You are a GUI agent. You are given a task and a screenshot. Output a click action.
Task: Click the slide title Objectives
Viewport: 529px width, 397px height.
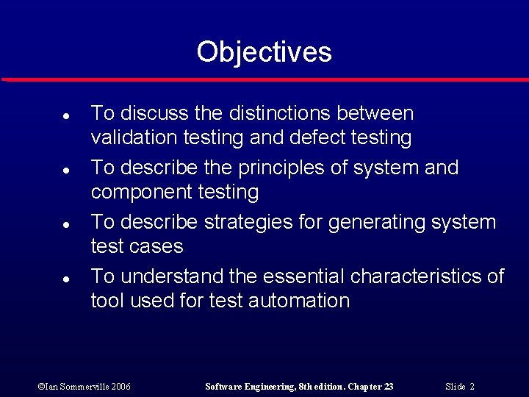[x=264, y=52]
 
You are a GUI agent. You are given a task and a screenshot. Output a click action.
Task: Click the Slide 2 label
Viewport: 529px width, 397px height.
[x=460, y=387]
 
